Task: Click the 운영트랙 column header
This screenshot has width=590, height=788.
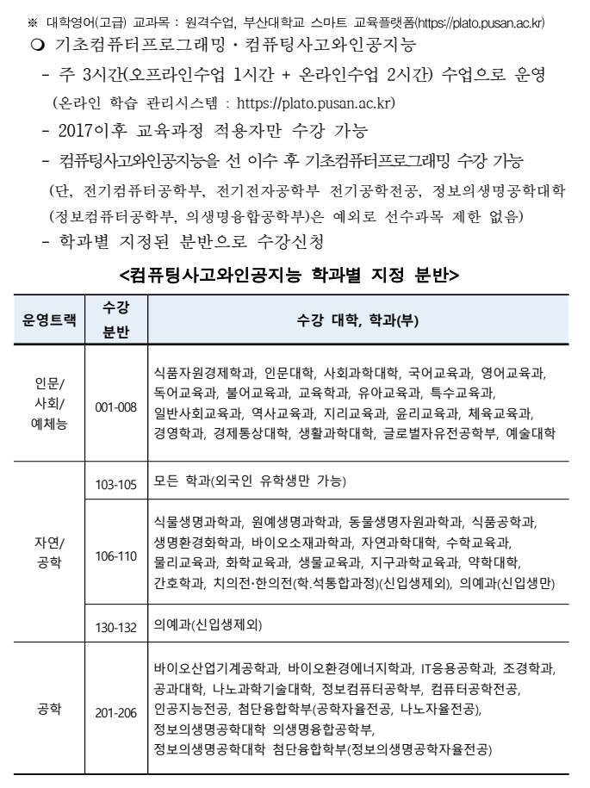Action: (48, 320)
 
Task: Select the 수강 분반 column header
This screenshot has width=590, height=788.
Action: (116, 320)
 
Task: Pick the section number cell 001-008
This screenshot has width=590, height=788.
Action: (116, 406)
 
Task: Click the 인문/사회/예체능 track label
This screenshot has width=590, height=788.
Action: (48, 406)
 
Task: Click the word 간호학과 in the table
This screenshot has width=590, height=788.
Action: (178, 583)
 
